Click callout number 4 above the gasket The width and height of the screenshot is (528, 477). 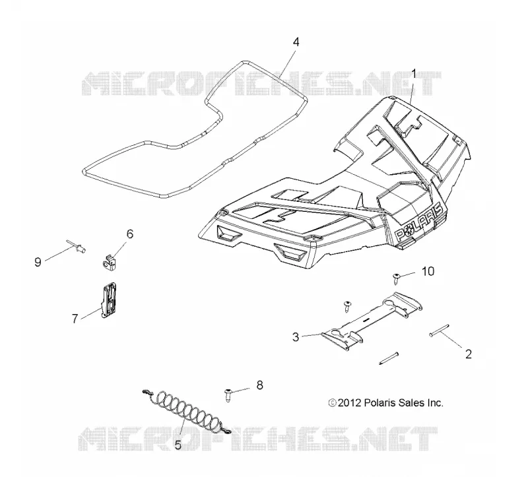pos(296,42)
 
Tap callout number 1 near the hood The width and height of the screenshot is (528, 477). pos(414,74)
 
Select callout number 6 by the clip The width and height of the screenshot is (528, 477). pos(130,234)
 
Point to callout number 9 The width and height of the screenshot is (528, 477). pos(38,262)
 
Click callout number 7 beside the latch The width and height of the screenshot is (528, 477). pos(75,318)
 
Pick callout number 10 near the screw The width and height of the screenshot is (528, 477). pos(428,271)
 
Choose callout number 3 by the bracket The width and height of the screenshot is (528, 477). pos(296,336)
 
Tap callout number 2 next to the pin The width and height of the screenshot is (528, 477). pos(469,354)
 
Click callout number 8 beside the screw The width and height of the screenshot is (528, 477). pos(259,385)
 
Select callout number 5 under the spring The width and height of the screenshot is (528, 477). pos(178,445)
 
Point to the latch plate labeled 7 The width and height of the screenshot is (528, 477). pos(108,300)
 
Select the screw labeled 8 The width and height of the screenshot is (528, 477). pos(228,395)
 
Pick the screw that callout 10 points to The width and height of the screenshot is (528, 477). pos(396,278)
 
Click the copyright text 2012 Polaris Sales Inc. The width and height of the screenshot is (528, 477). pos(386,402)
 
